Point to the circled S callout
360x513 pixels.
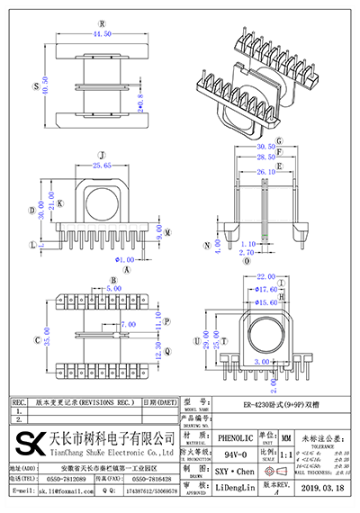click(x=34, y=88)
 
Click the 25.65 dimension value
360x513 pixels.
click(x=101, y=166)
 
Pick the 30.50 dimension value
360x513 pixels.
click(x=265, y=147)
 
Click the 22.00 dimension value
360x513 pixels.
click(x=265, y=276)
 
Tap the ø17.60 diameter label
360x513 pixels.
click(x=265, y=290)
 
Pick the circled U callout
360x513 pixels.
click(x=196, y=342)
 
